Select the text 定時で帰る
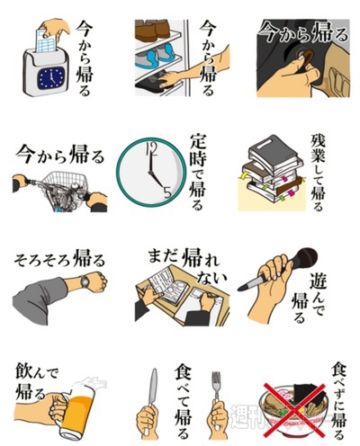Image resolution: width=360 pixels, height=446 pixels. (x=199, y=171)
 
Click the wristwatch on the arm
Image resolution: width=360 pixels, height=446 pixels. (x=87, y=283)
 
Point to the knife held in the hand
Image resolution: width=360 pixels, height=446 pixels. (x=154, y=396)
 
